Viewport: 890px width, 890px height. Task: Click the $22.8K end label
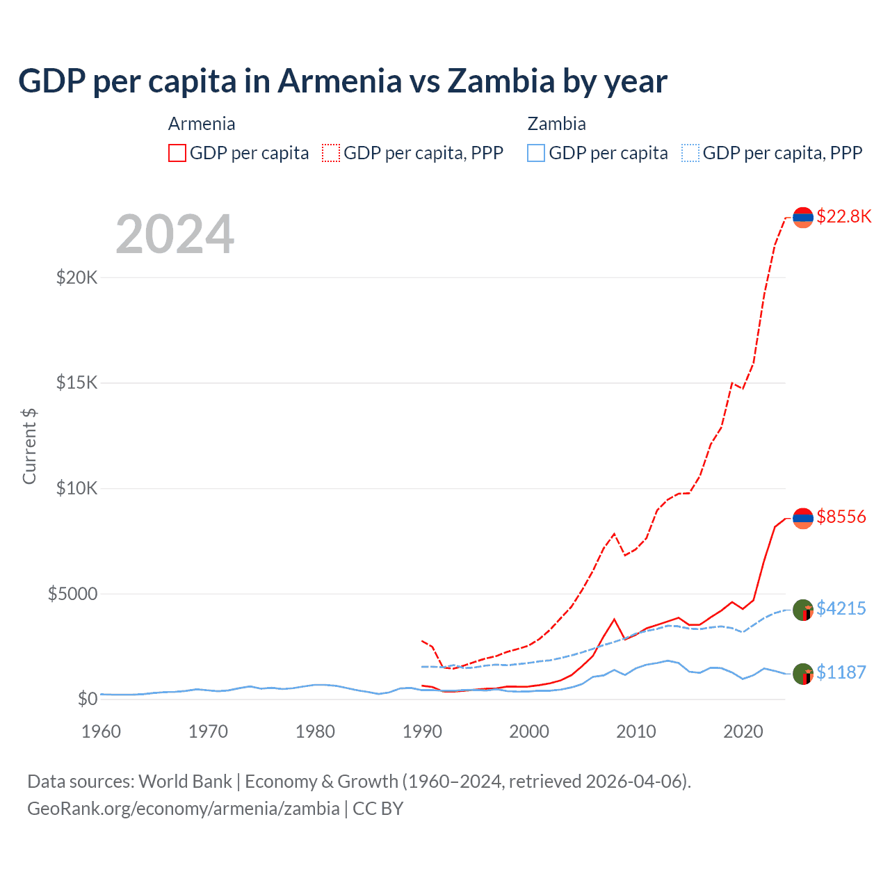tap(843, 216)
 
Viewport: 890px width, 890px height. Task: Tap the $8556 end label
tap(841, 517)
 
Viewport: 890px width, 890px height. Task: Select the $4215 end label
tap(841, 608)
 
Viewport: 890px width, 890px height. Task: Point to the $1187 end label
tap(841, 672)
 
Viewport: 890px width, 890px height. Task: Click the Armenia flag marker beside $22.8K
tap(803, 218)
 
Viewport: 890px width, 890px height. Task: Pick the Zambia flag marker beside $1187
tap(803, 674)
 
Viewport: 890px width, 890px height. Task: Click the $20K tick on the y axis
tap(76, 278)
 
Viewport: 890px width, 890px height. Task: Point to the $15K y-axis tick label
tap(76, 383)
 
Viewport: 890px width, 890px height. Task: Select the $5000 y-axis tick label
tap(72, 594)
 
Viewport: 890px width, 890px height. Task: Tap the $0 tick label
tap(87, 699)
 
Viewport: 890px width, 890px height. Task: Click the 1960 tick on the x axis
tap(102, 731)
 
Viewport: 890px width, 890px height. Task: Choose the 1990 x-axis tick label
tap(422, 731)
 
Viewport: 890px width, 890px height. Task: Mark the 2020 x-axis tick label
tap(743, 731)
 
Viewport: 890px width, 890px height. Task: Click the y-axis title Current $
tap(29, 446)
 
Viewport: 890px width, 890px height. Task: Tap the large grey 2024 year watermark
tap(175, 234)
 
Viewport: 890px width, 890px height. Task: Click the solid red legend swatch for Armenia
tap(177, 153)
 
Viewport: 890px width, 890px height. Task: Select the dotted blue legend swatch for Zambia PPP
tap(690, 153)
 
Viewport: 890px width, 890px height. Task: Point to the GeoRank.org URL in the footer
tap(184, 809)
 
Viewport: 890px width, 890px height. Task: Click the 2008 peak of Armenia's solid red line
tap(614, 619)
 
